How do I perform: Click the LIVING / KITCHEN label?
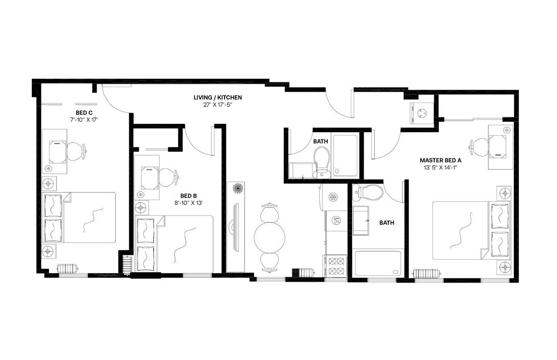pyautogui.click(x=218, y=97)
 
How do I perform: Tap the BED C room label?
pyautogui.click(x=84, y=113)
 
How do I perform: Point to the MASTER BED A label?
pyautogui.click(x=440, y=160)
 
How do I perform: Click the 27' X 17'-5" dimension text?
pyautogui.click(x=218, y=104)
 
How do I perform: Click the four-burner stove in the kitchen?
pyautogui.click(x=336, y=266)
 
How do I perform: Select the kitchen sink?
pyautogui.click(x=336, y=220)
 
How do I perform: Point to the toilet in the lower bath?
pyautogui.click(x=368, y=192)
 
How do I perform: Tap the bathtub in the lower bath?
pyautogui.click(x=378, y=263)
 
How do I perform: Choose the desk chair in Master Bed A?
pyautogui.click(x=480, y=147)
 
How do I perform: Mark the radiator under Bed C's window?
pyautogui.click(x=67, y=268)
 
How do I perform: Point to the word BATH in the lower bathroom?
pyautogui.click(x=386, y=223)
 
